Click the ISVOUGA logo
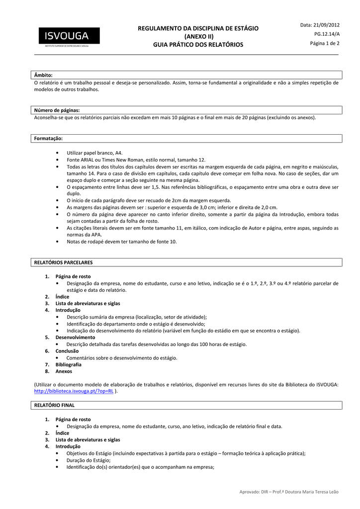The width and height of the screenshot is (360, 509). coord(67,36)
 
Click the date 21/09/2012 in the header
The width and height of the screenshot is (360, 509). coord(320,25)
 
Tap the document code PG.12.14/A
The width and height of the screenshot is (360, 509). coord(327,34)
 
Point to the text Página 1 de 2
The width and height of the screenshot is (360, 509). coord(325,43)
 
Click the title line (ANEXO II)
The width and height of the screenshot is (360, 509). coord(198,37)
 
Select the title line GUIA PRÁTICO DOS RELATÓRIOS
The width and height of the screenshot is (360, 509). coord(198,45)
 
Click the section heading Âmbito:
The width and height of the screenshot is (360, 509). coord(43,75)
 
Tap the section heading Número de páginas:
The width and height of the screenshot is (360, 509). coord(57,110)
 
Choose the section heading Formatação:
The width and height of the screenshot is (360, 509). coord(48,139)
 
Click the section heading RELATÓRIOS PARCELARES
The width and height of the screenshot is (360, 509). coord(63,262)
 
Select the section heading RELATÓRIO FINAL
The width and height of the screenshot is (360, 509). coord(54,406)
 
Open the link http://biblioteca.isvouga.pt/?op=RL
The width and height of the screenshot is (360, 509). coord(74,391)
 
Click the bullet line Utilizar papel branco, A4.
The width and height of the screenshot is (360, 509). coord(94,153)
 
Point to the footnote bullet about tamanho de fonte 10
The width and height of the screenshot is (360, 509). coord(121,242)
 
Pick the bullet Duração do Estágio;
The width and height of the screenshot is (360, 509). coord(89,460)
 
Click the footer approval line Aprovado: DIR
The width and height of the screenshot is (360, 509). coord(288,492)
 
